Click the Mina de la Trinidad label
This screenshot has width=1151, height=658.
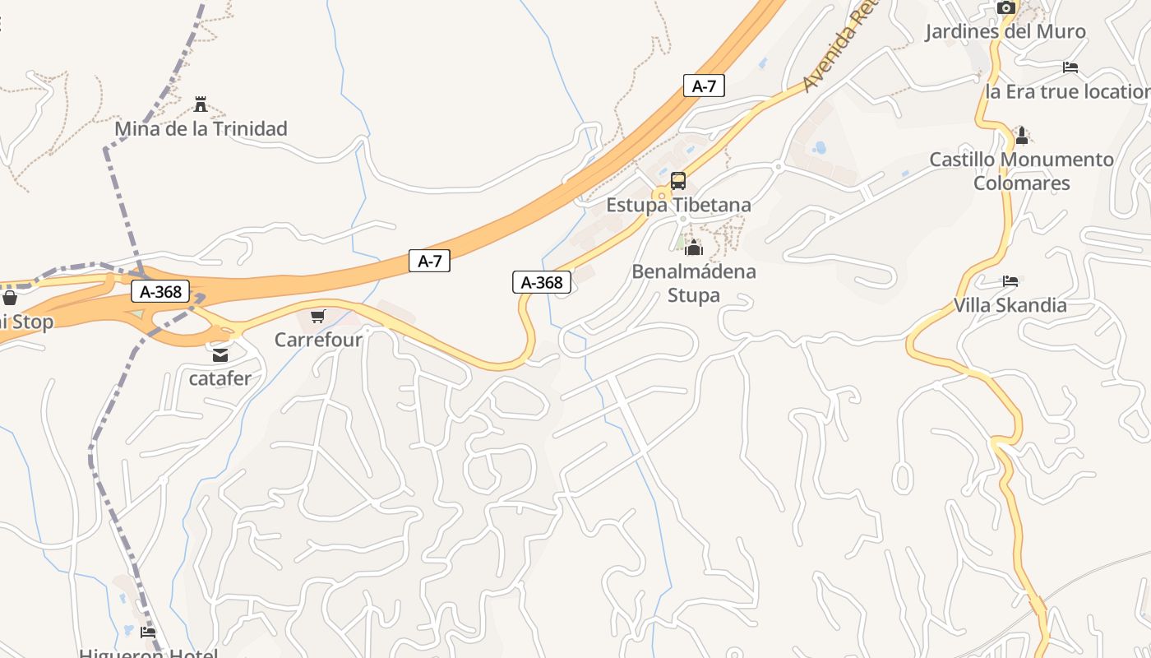coord(201,128)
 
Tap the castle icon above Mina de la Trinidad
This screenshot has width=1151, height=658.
coord(200,104)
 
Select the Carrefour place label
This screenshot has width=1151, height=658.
coord(318,339)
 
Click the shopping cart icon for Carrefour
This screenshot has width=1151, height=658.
coord(318,316)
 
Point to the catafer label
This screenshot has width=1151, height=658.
coord(220,378)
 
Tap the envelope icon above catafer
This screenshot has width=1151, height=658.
coord(220,355)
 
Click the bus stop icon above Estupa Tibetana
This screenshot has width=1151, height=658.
coord(678,181)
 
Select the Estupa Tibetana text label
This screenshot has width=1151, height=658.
coord(678,204)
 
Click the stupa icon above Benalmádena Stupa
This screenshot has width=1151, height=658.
coord(694,247)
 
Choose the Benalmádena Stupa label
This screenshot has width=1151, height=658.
coord(694,282)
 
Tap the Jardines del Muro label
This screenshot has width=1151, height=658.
coord(1005,31)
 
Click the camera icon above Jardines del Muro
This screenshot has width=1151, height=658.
coord(1005,8)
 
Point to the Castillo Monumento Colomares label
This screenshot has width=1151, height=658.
coord(1021,171)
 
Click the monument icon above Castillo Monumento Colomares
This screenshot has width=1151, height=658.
coord(1021,135)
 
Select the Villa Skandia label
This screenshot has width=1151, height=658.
coord(1010,305)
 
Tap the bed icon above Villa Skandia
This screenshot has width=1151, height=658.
coord(1010,281)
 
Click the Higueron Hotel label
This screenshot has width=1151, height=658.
coord(148,653)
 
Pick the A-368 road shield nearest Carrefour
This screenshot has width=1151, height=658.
coord(160,291)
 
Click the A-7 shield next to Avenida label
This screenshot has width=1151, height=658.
coord(704,86)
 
